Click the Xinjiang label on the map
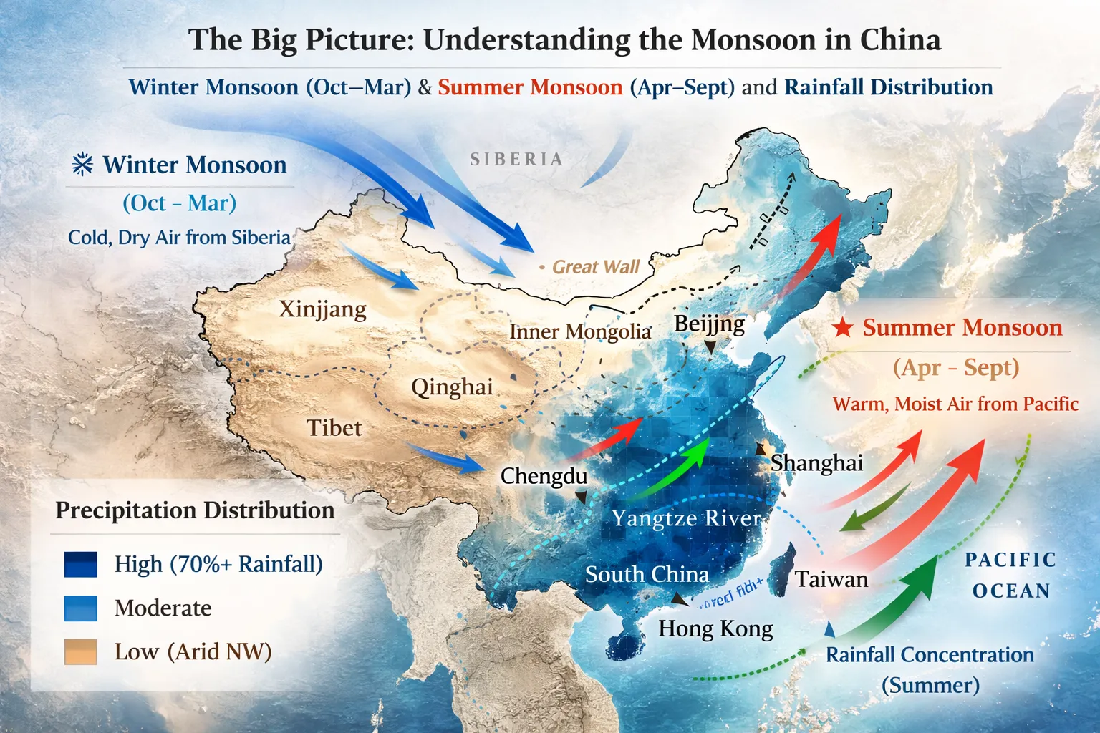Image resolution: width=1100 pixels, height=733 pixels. point(322,309)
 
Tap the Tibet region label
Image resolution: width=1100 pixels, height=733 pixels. point(334,428)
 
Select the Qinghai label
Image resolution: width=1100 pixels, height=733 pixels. point(452,387)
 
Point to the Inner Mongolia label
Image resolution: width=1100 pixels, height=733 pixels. point(580,331)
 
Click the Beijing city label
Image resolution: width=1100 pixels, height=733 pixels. point(709,324)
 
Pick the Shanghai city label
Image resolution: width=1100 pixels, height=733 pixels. point(816,463)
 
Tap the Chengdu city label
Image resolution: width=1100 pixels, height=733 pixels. point(544,476)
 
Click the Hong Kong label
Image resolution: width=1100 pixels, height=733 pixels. point(715,628)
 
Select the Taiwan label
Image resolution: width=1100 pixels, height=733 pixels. point(831,579)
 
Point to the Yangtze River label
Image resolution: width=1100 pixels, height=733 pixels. point(686,518)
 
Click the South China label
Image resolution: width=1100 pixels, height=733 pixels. point(647,574)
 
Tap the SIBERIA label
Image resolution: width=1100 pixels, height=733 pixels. point(516,159)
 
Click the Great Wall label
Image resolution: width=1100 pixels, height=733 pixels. point(595,267)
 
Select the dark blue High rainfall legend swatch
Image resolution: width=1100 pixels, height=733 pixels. point(80,564)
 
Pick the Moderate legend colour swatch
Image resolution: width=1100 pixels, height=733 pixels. point(80,608)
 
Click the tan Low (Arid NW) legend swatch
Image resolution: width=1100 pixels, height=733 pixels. point(80,651)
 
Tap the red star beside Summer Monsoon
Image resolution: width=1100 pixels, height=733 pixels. point(843,328)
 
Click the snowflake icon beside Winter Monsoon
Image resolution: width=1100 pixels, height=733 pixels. point(83,165)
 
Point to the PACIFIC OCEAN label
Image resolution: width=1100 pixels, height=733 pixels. point(1010,575)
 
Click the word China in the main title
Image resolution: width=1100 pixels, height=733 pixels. point(900,40)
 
